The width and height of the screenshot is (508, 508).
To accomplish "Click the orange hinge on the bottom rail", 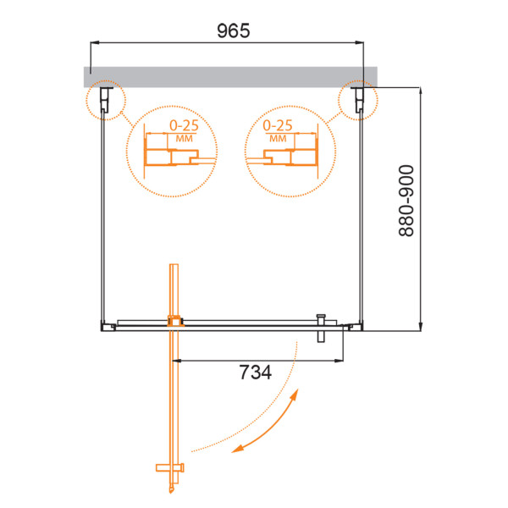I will [x=175, y=321].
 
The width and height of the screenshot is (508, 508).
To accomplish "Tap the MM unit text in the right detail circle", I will [x=277, y=137].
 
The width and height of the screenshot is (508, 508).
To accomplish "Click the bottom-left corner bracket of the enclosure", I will [x=105, y=324].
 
